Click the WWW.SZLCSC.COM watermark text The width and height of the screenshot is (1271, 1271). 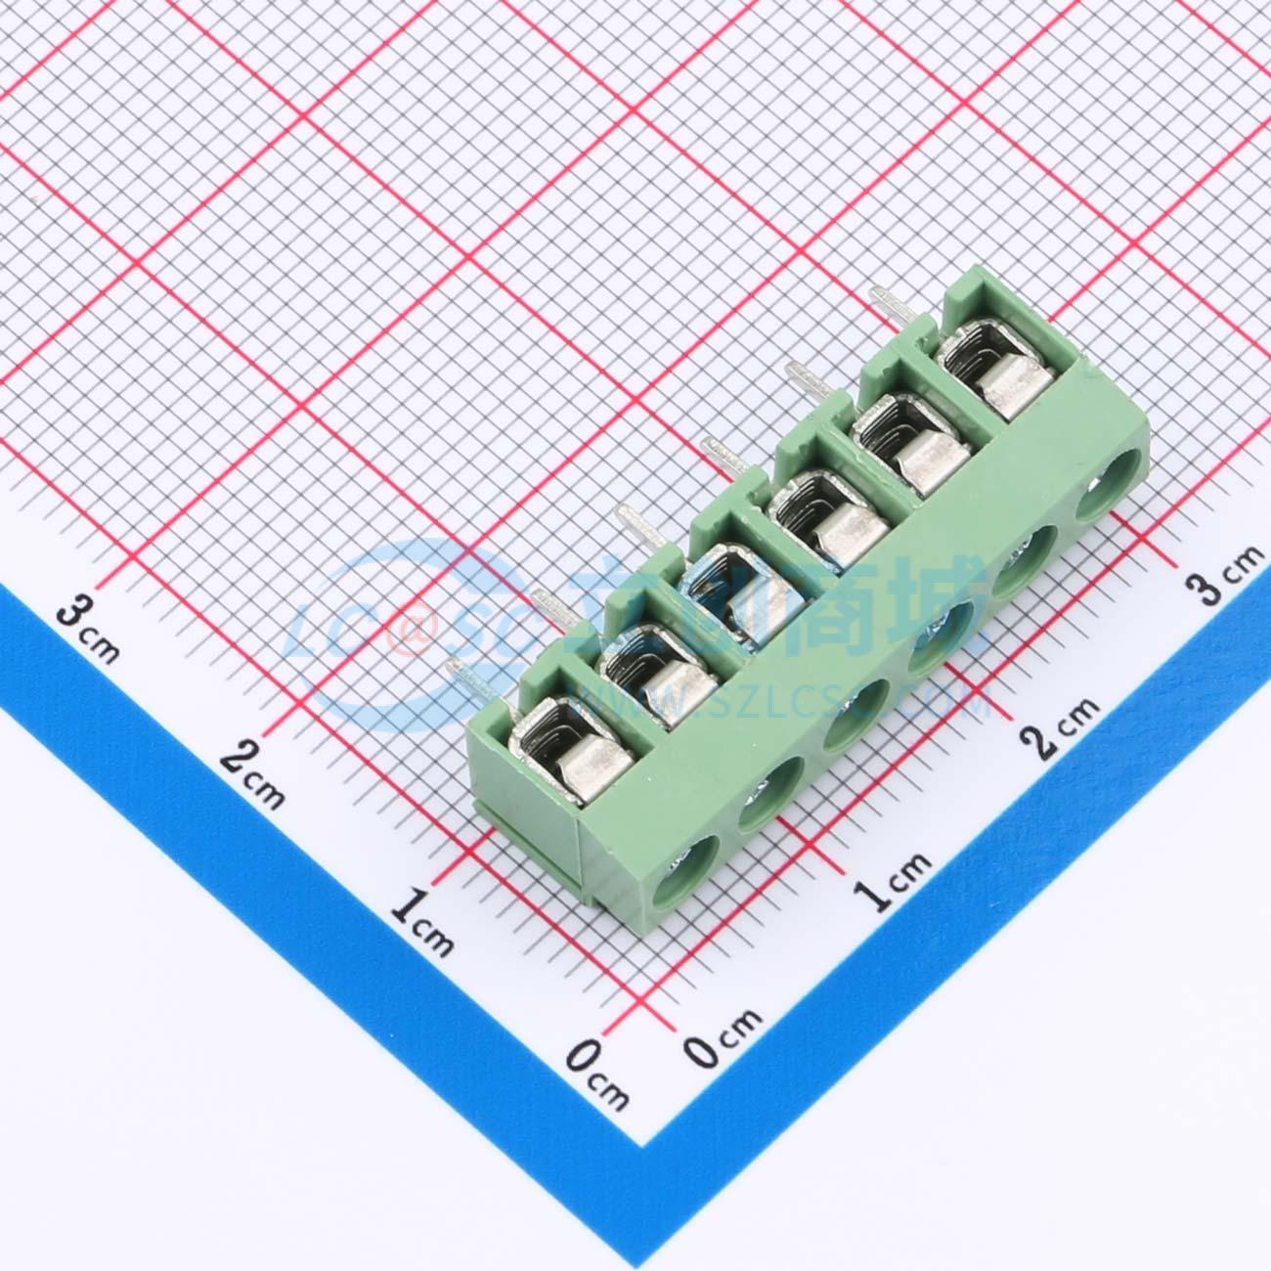(782, 696)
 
